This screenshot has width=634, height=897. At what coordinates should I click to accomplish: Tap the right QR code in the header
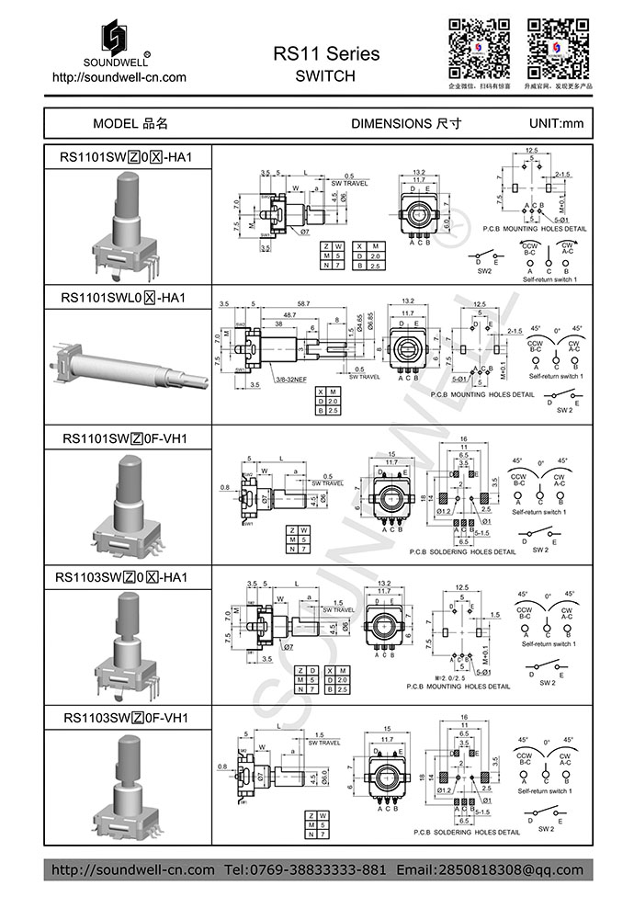point(558,48)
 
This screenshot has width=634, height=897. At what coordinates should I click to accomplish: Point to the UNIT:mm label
point(556,123)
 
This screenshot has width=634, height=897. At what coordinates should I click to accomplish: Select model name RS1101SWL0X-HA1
point(124,298)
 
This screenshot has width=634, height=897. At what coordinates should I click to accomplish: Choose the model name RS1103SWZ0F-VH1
point(124,717)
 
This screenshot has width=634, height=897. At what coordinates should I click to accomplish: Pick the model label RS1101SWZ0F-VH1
point(124,438)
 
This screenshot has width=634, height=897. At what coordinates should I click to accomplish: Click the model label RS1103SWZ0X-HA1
point(124,577)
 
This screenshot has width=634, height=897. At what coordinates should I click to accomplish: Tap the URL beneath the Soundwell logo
point(119,78)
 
